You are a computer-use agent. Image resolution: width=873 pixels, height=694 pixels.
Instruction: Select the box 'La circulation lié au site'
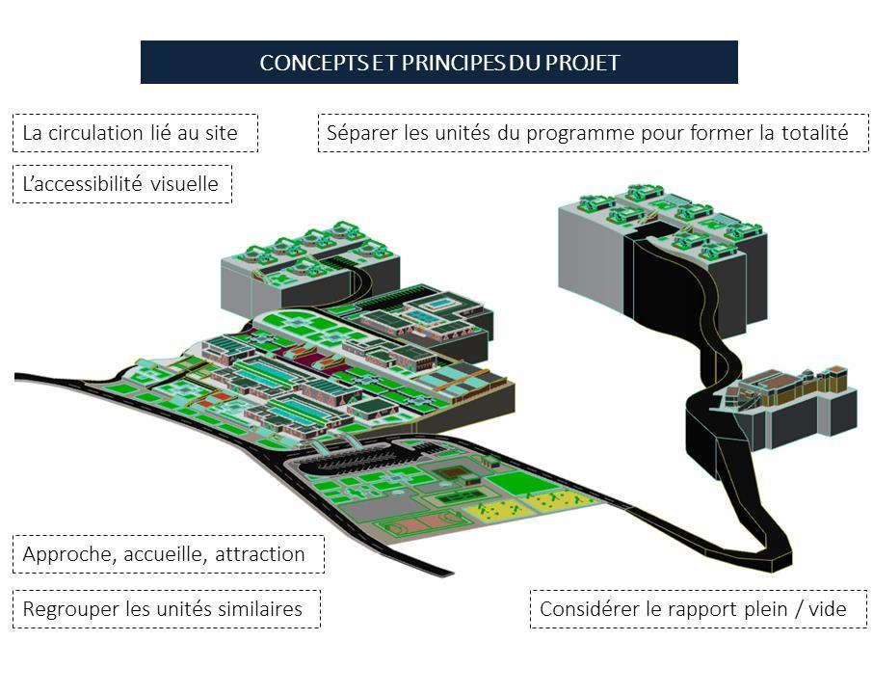[135, 133]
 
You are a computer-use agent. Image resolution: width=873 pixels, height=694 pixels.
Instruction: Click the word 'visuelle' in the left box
[185, 183]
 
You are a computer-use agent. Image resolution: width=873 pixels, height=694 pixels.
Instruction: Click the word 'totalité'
[814, 133]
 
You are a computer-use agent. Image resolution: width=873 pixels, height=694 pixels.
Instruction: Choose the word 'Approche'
[63, 554]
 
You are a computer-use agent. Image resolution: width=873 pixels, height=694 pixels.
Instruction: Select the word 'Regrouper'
[69, 609]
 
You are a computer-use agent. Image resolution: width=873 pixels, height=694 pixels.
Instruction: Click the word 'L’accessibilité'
[82, 183]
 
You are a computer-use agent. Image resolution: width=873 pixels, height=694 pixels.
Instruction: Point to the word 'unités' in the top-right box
[457, 133]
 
